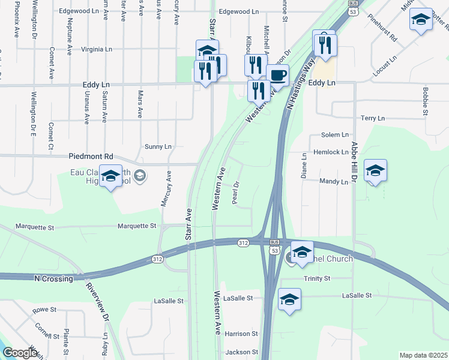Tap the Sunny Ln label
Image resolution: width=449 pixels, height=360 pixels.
pyautogui.click(x=158, y=146)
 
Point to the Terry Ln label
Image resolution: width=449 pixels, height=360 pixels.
pyautogui.click(x=372, y=119)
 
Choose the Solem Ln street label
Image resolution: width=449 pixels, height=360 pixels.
pyautogui.click(x=335, y=136)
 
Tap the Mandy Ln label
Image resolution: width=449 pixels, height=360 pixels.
pyautogui.click(x=334, y=181)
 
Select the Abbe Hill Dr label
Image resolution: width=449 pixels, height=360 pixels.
pyautogui.click(x=355, y=159)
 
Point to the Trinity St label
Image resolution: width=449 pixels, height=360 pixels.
pyautogui.click(x=317, y=279)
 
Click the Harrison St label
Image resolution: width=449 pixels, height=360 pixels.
pyautogui.click(x=241, y=334)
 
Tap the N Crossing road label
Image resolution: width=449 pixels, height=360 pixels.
pyautogui.click(x=53, y=279)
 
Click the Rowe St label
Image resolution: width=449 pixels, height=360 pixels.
pyautogui.click(x=44, y=310)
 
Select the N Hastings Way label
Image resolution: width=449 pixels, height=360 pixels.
pyautogui.click(x=301, y=88)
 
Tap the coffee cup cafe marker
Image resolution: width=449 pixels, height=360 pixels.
pyautogui.click(x=277, y=75)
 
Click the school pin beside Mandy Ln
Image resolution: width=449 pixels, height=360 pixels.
pyautogui.click(x=375, y=171)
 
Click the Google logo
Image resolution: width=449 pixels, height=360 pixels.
pyautogui.click(x=20, y=353)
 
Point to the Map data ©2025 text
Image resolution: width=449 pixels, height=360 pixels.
pyautogui.click(x=423, y=355)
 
